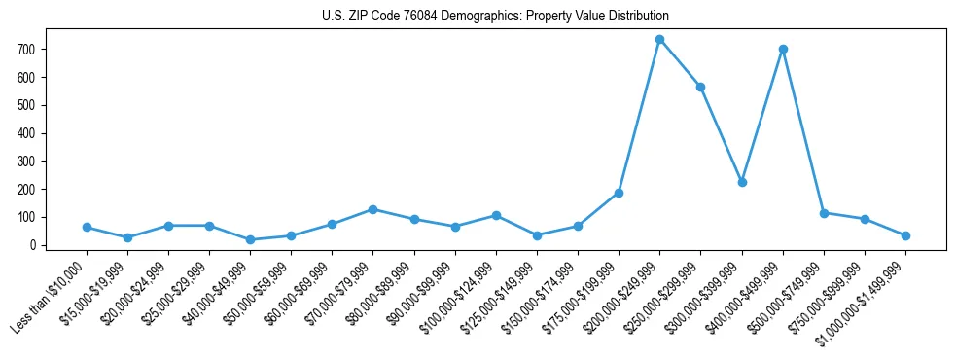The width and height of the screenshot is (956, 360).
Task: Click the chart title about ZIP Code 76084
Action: (495, 17)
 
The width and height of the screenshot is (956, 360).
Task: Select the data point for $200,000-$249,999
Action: (659, 40)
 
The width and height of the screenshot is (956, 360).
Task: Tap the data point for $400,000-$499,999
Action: (783, 49)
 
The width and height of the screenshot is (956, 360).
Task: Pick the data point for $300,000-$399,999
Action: (742, 182)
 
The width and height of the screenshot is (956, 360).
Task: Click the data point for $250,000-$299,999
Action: (700, 87)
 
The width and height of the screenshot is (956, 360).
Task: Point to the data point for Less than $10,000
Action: (88, 227)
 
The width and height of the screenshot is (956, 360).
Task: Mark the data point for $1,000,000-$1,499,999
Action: (905, 235)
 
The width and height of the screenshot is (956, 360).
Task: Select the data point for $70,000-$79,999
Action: (373, 209)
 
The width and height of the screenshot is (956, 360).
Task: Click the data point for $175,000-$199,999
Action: (619, 193)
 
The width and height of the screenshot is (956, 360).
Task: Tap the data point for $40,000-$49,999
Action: (251, 239)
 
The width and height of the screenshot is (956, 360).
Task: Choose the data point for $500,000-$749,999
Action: (824, 213)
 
